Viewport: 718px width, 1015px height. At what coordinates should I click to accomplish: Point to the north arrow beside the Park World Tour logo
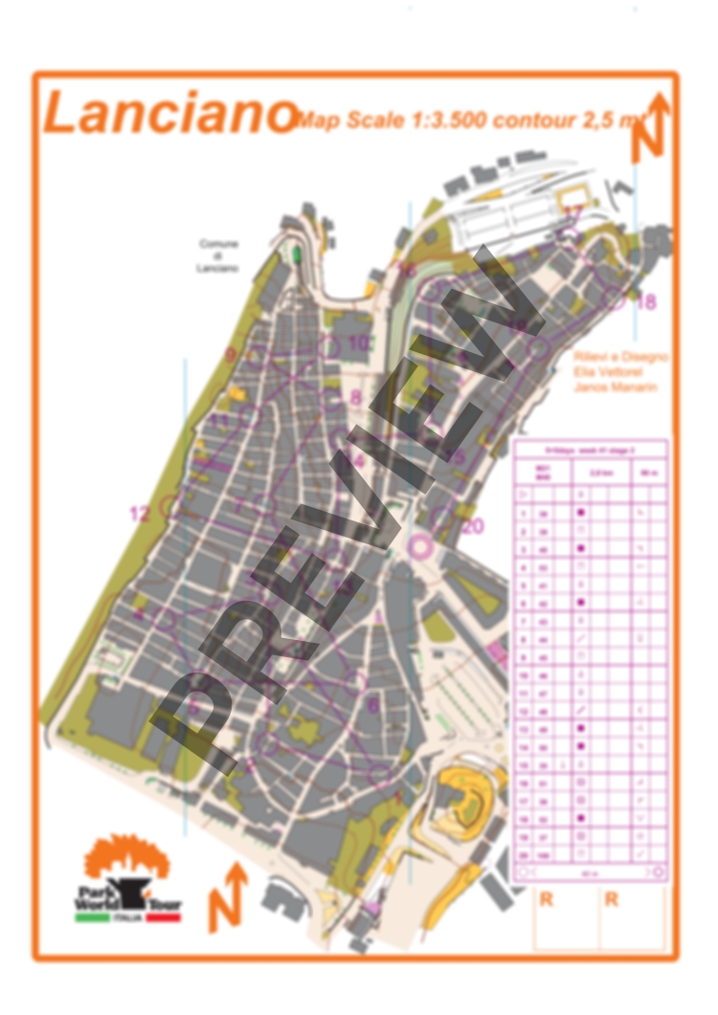(x=227, y=896)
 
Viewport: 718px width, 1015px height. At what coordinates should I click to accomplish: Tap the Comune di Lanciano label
(x=218, y=255)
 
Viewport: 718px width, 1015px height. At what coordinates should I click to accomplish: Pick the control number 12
(x=140, y=514)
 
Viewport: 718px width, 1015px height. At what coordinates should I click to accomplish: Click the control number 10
(x=358, y=342)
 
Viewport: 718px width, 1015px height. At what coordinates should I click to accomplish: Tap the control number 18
(x=647, y=302)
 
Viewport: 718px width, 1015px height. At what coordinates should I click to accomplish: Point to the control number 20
(x=472, y=525)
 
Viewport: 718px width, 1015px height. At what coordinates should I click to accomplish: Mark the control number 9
(x=230, y=355)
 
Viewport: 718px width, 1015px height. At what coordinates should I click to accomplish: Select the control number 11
(x=221, y=420)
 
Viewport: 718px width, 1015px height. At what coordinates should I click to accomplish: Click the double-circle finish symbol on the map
(x=418, y=546)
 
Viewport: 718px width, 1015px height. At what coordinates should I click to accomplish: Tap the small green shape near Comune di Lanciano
(x=297, y=254)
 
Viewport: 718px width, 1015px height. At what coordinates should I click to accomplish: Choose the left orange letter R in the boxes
(x=547, y=899)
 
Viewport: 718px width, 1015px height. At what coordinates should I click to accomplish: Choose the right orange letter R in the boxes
(x=612, y=899)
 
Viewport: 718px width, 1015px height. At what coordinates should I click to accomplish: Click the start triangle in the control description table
(x=524, y=495)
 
